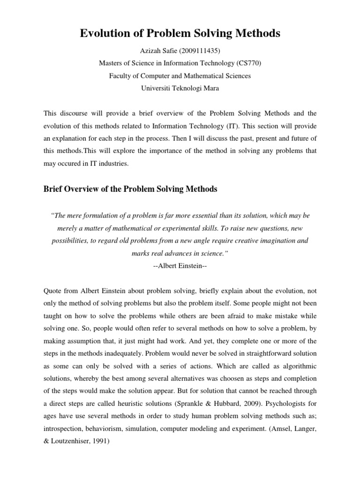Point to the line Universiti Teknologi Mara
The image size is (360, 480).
pyautogui.click(x=180, y=88)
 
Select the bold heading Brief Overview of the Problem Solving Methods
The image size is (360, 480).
pyautogui.click(x=130, y=189)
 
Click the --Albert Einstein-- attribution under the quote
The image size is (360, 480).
pyautogui.click(x=180, y=265)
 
